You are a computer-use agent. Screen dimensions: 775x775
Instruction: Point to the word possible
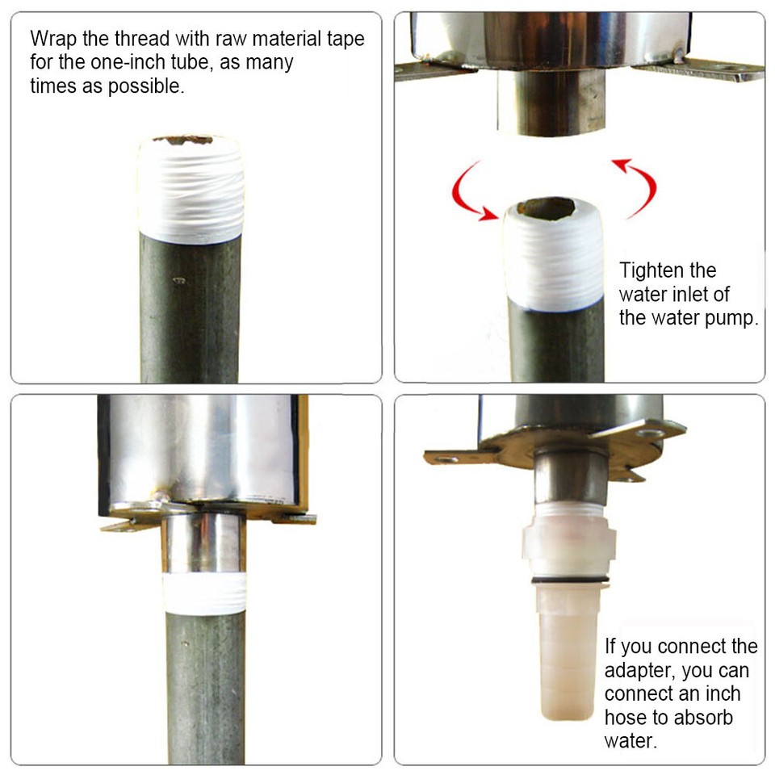click(148, 86)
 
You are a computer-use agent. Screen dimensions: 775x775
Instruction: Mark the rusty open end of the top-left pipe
click(189, 140)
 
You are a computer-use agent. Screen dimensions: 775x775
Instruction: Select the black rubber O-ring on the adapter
click(570, 580)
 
